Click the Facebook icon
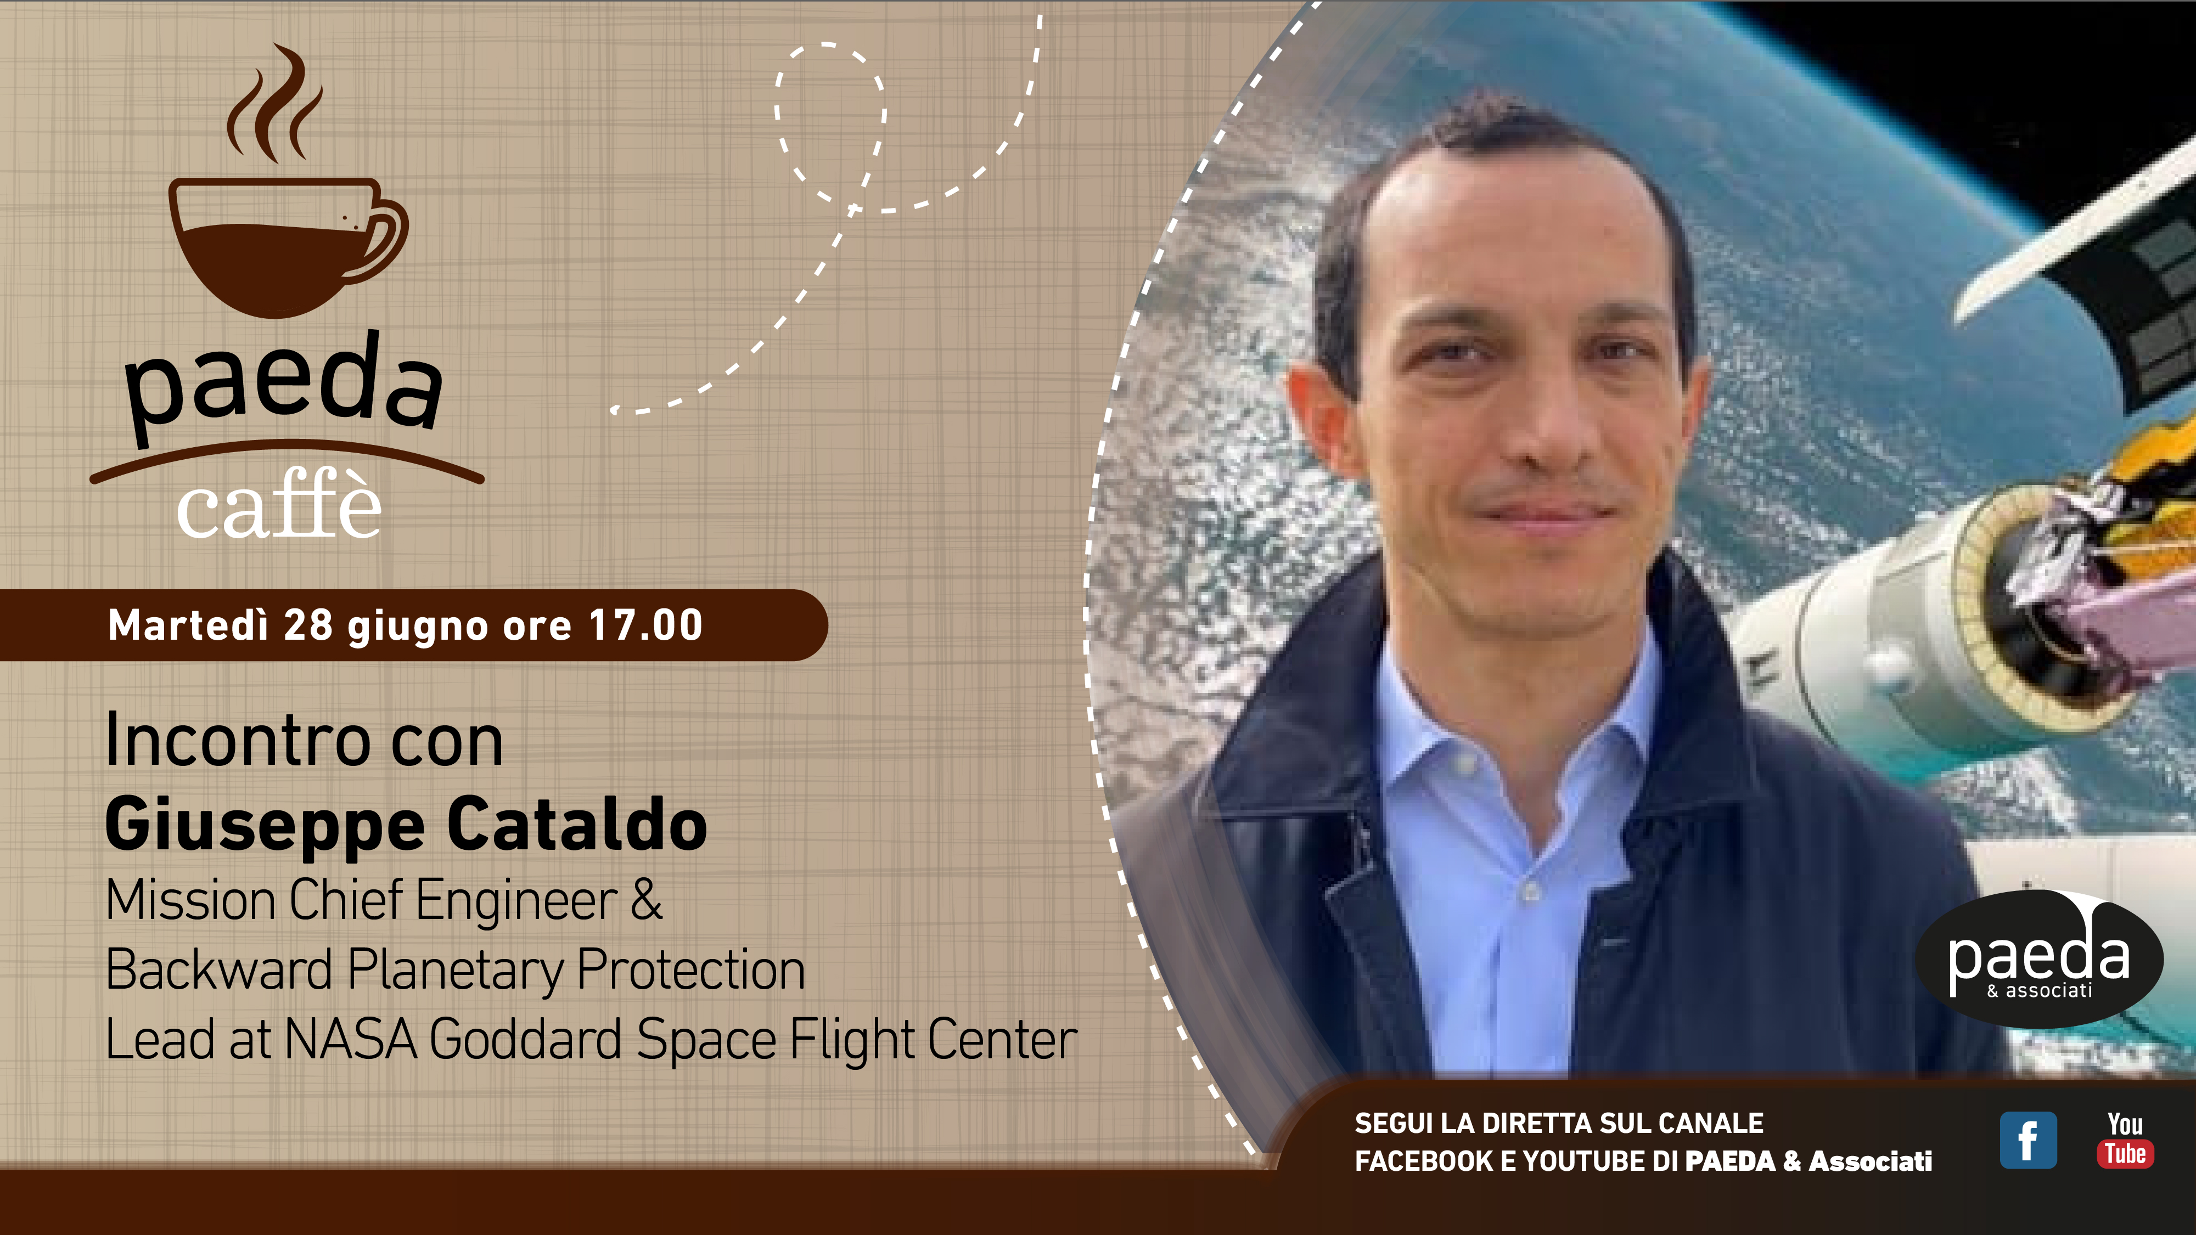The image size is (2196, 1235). [x=2028, y=1141]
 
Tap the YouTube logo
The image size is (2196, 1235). [x=2125, y=1140]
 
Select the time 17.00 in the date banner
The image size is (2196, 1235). [x=645, y=625]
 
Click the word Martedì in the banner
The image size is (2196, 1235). [x=188, y=625]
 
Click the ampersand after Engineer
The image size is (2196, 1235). [x=646, y=899]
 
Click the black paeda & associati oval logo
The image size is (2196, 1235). [x=2039, y=959]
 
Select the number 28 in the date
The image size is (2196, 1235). [x=308, y=625]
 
